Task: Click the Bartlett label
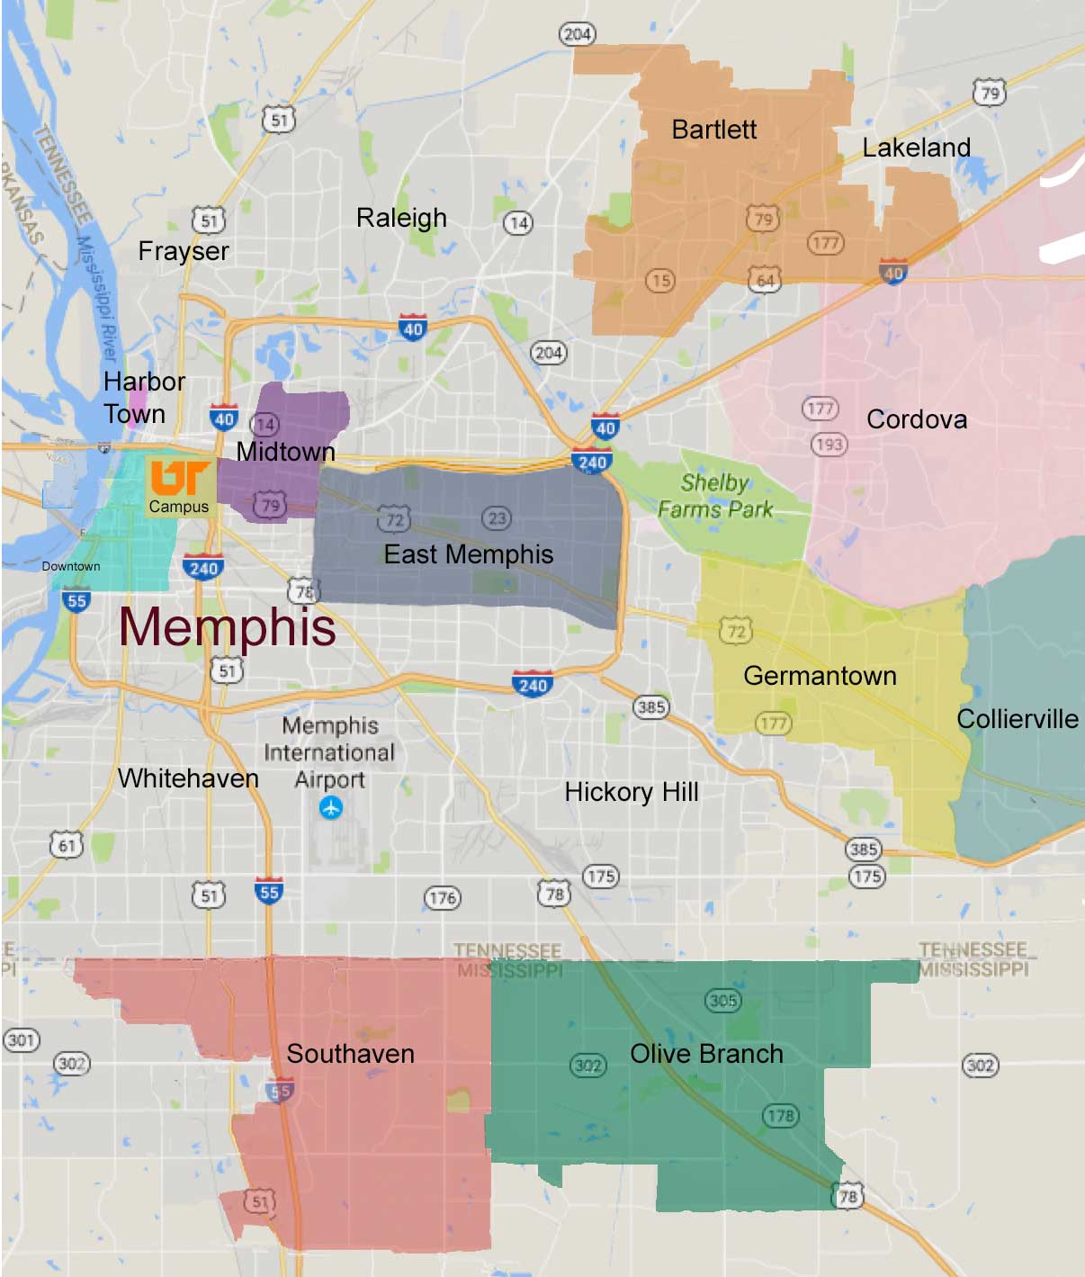coord(713,130)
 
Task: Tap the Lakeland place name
coord(916,148)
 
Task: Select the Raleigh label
coord(401,218)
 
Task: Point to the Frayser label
coord(184,251)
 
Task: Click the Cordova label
coord(917,419)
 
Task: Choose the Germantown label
coord(820,676)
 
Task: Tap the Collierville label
coord(1017,719)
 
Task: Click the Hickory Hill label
coord(632,792)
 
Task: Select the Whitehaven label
coord(188,778)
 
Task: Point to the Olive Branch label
coord(706,1054)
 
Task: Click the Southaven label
coord(350,1054)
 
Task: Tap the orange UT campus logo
coord(180,478)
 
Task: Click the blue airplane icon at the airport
coord(331,808)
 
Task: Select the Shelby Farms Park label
coord(715,496)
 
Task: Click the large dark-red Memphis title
coord(228,627)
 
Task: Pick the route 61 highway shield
coord(67,845)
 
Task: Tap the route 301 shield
coord(21,1040)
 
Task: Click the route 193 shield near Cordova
coord(829,444)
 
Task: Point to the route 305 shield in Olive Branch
coord(723,1000)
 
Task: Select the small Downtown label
coord(71,566)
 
